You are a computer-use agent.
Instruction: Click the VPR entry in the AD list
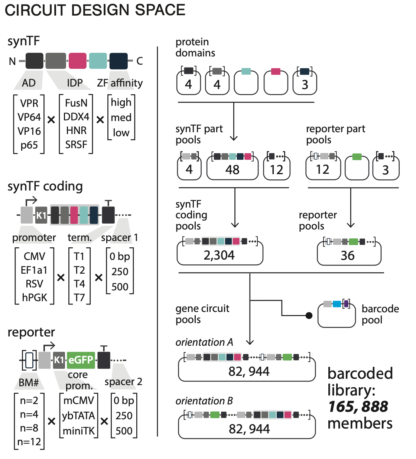(29, 103)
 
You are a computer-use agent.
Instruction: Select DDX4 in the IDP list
(76, 117)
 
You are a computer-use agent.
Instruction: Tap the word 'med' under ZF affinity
(121, 118)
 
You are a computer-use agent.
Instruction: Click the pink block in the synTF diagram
(77, 61)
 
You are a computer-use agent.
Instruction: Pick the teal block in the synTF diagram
(98, 61)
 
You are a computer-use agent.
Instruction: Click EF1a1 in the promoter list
(34, 270)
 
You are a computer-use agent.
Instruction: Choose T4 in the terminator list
(79, 284)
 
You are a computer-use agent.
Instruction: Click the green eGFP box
(81, 360)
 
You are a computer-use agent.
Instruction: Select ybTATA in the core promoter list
(78, 416)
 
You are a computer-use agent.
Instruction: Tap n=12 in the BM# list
(29, 442)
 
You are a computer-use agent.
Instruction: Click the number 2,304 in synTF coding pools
(219, 255)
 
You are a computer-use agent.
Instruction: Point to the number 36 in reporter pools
(348, 256)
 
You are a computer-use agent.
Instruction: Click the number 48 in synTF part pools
(232, 170)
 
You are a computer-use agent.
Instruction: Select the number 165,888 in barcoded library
(358, 407)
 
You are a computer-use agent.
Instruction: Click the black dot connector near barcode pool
(309, 316)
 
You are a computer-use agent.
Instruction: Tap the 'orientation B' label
(204, 401)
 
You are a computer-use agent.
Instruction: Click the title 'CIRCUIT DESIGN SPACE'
(95, 10)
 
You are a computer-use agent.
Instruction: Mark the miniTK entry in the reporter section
(78, 431)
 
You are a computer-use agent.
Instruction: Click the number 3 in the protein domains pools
(305, 85)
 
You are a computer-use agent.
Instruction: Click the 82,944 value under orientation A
(249, 371)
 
